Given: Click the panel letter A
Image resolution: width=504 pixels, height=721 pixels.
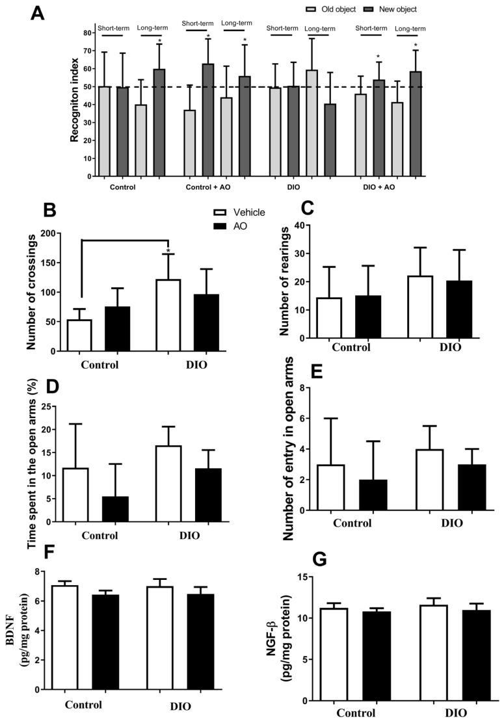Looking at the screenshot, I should (x=38, y=14).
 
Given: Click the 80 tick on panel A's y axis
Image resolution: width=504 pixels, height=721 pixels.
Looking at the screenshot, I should (x=86, y=33).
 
